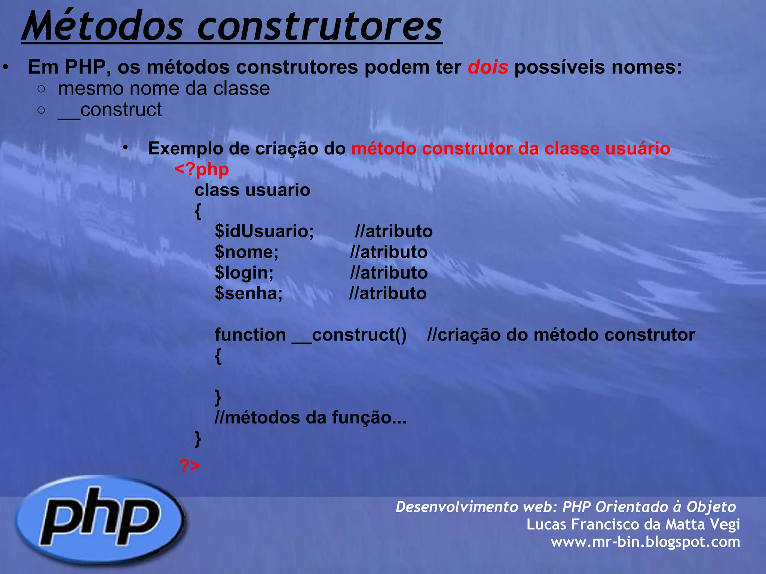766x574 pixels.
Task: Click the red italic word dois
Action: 488,67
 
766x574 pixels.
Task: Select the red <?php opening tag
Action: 202,169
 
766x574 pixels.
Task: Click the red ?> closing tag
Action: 190,466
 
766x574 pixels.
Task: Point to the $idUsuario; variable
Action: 264,231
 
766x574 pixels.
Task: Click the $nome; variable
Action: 246,252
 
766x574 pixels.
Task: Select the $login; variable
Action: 244,273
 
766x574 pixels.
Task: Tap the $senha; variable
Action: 249,293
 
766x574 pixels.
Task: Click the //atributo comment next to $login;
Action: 389,273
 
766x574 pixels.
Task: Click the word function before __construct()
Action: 250,334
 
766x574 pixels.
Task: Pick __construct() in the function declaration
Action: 349,334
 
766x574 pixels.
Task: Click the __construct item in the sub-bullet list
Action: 110,110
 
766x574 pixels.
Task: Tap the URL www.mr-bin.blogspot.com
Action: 645,542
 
